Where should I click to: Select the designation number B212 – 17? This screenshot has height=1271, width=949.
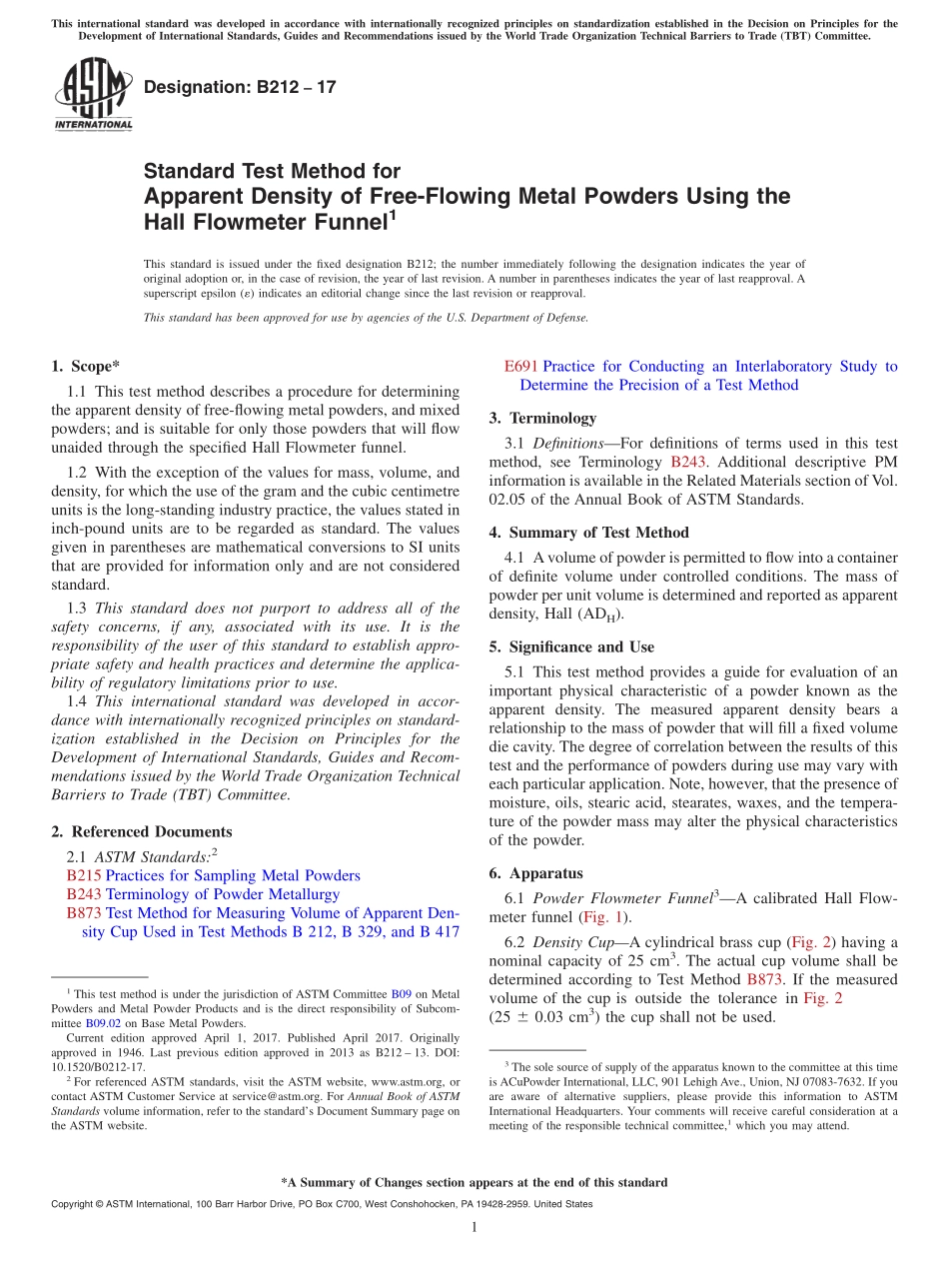(x=240, y=88)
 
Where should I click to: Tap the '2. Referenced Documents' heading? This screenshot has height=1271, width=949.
(x=141, y=831)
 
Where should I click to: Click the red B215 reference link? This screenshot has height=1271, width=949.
(x=84, y=875)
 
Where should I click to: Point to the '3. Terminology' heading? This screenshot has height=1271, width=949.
(x=542, y=418)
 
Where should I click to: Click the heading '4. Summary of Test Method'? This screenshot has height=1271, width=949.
(x=588, y=533)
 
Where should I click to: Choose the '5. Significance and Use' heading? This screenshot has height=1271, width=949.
(x=571, y=646)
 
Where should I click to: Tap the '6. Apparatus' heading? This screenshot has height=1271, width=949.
(x=536, y=872)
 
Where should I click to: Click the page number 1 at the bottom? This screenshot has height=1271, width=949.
(x=474, y=1226)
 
